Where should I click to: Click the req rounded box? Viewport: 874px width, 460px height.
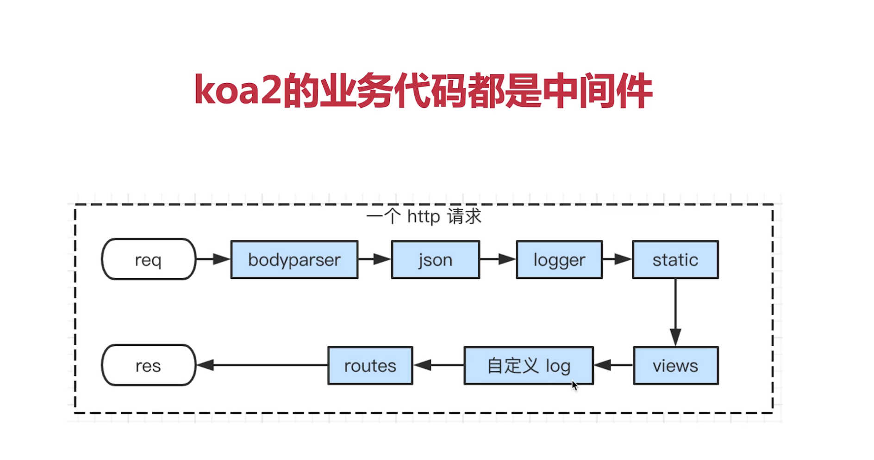[x=148, y=259]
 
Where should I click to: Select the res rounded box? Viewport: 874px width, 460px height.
[x=148, y=365]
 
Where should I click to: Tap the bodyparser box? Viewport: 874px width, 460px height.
[x=294, y=259]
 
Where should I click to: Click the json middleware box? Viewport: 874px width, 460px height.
[x=435, y=259]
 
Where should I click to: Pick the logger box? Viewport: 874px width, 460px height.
[x=559, y=259]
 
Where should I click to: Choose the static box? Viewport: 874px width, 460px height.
[x=675, y=259]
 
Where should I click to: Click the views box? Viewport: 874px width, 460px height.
[x=675, y=365]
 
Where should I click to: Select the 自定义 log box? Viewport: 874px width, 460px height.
[x=529, y=365]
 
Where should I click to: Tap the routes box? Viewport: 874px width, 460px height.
[x=370, y=365]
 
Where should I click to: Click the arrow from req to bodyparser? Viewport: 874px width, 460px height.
[x=213, y=259]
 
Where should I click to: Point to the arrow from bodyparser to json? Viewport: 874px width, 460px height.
[x=375, y=259]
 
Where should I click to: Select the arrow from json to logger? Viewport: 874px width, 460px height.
[x=498, y=259]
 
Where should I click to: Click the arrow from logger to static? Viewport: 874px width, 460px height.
[x=617, y=259]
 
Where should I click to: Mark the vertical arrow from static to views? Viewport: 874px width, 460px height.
[x=675, y=312]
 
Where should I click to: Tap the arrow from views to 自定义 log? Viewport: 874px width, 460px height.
[x=613, y=365]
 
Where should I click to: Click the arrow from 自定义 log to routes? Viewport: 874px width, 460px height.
[x=438, y=365]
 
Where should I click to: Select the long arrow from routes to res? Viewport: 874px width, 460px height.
[x=262, y=365]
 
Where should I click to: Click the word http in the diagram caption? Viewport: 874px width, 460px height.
[x=423, y=216]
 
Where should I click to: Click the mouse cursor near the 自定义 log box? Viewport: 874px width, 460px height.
[x=574, y=385]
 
